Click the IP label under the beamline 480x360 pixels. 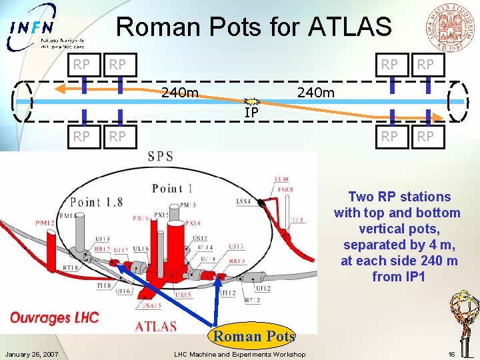click(251, 113)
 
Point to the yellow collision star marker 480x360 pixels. click(251, 101)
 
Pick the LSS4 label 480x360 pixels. click(243, 200)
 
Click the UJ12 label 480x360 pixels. click(262, 288)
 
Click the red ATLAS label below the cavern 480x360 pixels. click(156, 326)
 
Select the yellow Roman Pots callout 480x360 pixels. click(254, 336)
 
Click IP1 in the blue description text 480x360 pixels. click(411, 277)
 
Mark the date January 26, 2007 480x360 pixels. click(31, 354)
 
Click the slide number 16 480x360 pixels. click(451, 354)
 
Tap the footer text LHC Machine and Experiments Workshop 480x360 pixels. click(239, 354)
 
